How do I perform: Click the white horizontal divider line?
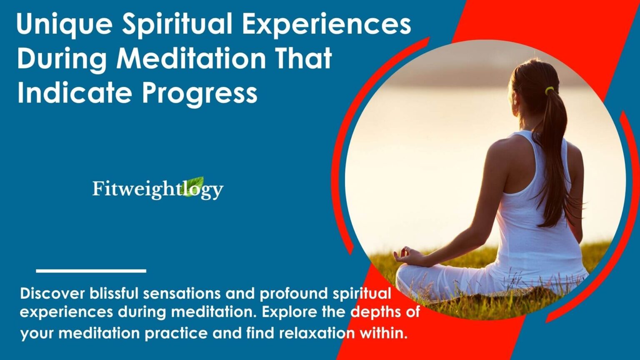pyautogui.click(x=91, y=271)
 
